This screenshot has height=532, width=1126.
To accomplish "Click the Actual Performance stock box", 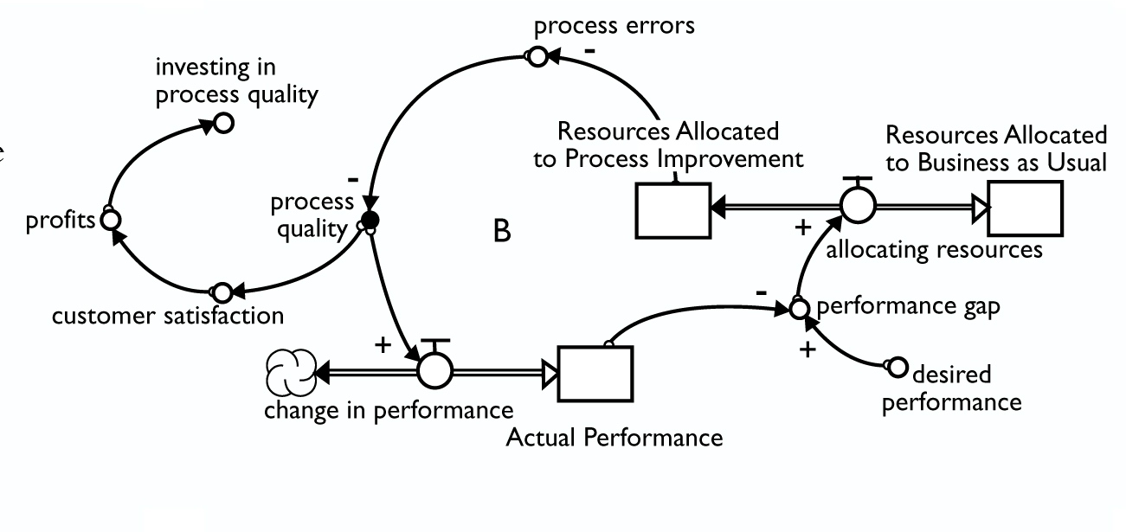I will pos(595,374).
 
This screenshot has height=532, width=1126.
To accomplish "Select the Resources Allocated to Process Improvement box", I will pos(673,210).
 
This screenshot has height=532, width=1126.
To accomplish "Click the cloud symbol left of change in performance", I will pos(290,373).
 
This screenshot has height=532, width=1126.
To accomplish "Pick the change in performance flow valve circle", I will pos(434,373).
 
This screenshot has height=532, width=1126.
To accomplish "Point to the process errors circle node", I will pos(537,58).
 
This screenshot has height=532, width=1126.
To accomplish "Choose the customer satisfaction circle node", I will pos(222,291).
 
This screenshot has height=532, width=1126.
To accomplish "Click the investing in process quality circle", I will pos(223,124).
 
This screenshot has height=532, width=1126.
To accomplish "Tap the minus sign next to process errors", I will pos(590,51).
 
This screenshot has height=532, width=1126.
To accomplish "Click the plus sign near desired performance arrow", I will pos(807,351).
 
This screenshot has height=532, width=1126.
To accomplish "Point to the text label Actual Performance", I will pos(614,437).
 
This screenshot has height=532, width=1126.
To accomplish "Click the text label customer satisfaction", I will pos(168,316).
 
